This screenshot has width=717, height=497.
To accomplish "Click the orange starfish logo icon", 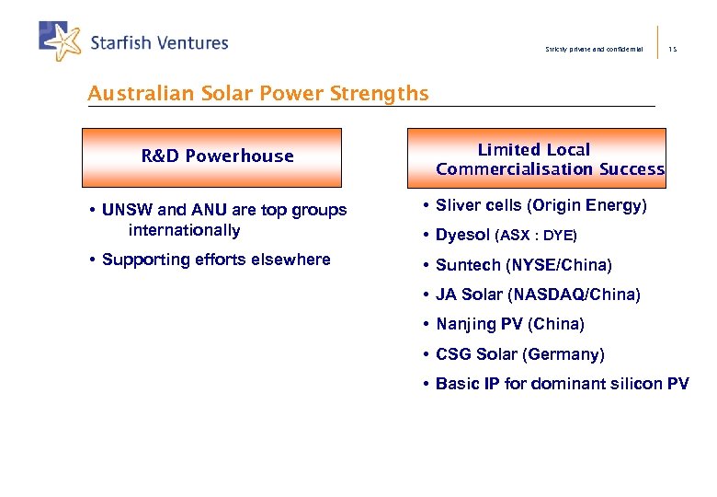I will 63,40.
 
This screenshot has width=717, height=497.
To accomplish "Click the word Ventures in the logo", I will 189,42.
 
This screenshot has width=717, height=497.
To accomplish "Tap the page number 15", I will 673,49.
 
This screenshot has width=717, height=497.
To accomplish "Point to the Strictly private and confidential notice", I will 594,49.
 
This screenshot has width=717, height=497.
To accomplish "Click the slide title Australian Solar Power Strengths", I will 257,94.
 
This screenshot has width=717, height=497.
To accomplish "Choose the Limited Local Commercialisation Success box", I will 549,158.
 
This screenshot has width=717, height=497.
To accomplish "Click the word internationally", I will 184,230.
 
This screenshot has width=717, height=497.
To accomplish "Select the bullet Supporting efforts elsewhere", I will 215,260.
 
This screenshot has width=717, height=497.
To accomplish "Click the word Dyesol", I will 462,235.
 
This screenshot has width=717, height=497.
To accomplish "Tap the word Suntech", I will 468,265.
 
